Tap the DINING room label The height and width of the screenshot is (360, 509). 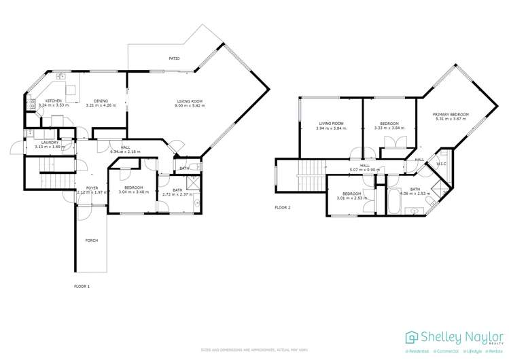[x=101, y=101]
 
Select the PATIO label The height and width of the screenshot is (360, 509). [x=175, y=59]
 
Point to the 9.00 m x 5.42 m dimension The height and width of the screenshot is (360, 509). [x=188, y=105]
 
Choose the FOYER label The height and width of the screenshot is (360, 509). [x=92, y=188]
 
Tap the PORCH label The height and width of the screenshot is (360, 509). [x=91, y=240]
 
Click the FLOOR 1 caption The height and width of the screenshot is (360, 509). [x=82, y=287]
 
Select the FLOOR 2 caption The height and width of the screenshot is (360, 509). [x=282, y=207]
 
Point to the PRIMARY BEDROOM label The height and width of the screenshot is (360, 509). [x=451, y=114]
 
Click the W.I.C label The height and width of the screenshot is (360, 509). [x=440, y=171]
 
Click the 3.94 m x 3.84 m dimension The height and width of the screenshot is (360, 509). [x=331, y=128]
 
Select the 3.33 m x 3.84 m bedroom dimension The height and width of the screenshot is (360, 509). [x=389, y=128]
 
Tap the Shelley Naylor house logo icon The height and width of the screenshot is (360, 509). [x=412, y=338]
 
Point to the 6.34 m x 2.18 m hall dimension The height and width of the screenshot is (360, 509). [x=125, y=151]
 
